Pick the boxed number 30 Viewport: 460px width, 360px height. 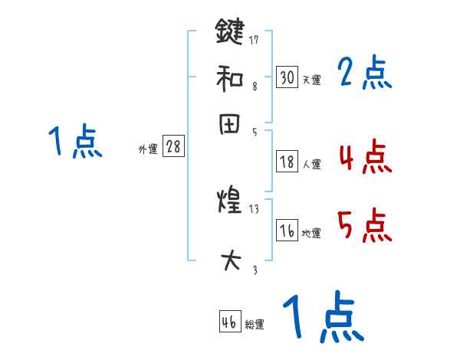pyautogui.click(x=287, y=77)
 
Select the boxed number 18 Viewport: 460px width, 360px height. pyautogui.click(x=287, y=162)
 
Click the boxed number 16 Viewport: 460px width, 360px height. pyautogui.click(x=287, y=231)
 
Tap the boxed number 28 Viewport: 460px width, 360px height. pyautogui.click(x=173, y=147)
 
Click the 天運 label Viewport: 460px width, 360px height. pyautogui.click(x=311, y=80)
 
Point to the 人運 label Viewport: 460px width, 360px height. pyautogui.click(x=311, y=164)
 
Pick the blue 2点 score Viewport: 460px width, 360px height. pyautogui.click(x=364, y=74)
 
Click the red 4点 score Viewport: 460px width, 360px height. pyautogui.click(x=364, y=158)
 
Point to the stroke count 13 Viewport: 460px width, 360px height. pyautogui.click(x=255, y=208)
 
